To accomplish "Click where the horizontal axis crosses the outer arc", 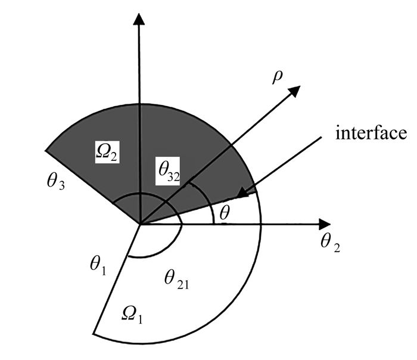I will click(261, 225).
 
